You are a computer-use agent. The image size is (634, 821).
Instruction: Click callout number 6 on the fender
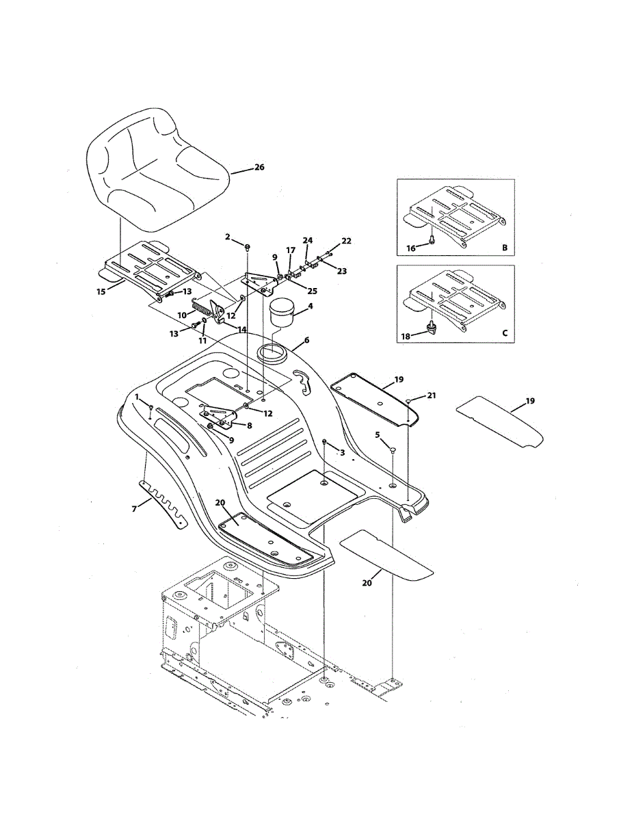click(306, 339)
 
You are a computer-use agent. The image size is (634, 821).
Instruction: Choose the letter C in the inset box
click(504, 333)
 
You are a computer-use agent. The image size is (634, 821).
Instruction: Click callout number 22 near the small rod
click(346, 241)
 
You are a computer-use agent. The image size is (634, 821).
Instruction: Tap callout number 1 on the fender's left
click(137, 397)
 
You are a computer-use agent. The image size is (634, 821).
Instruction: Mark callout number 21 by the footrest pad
click(431, 395)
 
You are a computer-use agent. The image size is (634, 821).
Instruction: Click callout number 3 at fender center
click(342, 453)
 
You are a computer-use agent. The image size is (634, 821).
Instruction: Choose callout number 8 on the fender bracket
click(250, 424)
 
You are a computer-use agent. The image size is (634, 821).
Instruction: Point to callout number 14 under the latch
click(241, 329)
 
